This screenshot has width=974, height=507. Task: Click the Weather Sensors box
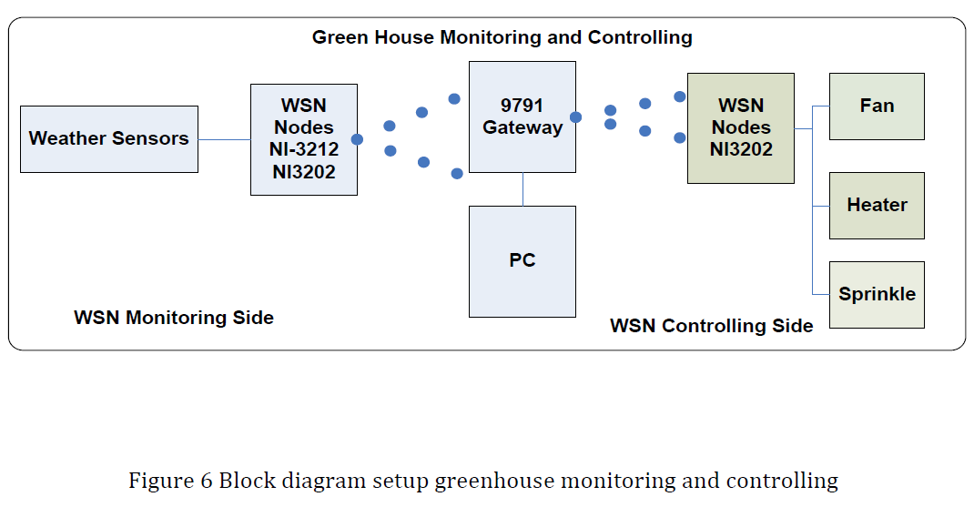click(x=109, y=139)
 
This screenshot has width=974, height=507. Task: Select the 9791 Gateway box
click(x=523, y=117)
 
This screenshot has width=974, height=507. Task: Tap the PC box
click(x=523, y=261)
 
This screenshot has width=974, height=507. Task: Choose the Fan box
click(x=877, y=106)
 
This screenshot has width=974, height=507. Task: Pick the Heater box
click(x=877, y=206)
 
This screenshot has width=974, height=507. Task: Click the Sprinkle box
click(x=877, y=295)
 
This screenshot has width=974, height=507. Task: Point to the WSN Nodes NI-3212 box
click(x=304, y=139)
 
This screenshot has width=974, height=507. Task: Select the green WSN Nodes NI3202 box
click(x=741, y=128)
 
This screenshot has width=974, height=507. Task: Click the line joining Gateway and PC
click(x=523, y=189)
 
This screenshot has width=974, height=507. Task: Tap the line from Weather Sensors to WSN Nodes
click(x=224, y=139)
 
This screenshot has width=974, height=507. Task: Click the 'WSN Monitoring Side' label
click(x=174, y=318)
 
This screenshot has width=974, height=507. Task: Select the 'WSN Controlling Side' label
click(x=711, y=326)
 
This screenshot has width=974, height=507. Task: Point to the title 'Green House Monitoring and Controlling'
click(x=502, y=38)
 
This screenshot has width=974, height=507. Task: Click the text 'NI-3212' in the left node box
click(x=304, y=149)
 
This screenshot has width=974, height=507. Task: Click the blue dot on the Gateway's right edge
click(x=575, y=117)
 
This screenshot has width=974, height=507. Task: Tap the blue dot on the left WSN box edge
click(x=357, y=139)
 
